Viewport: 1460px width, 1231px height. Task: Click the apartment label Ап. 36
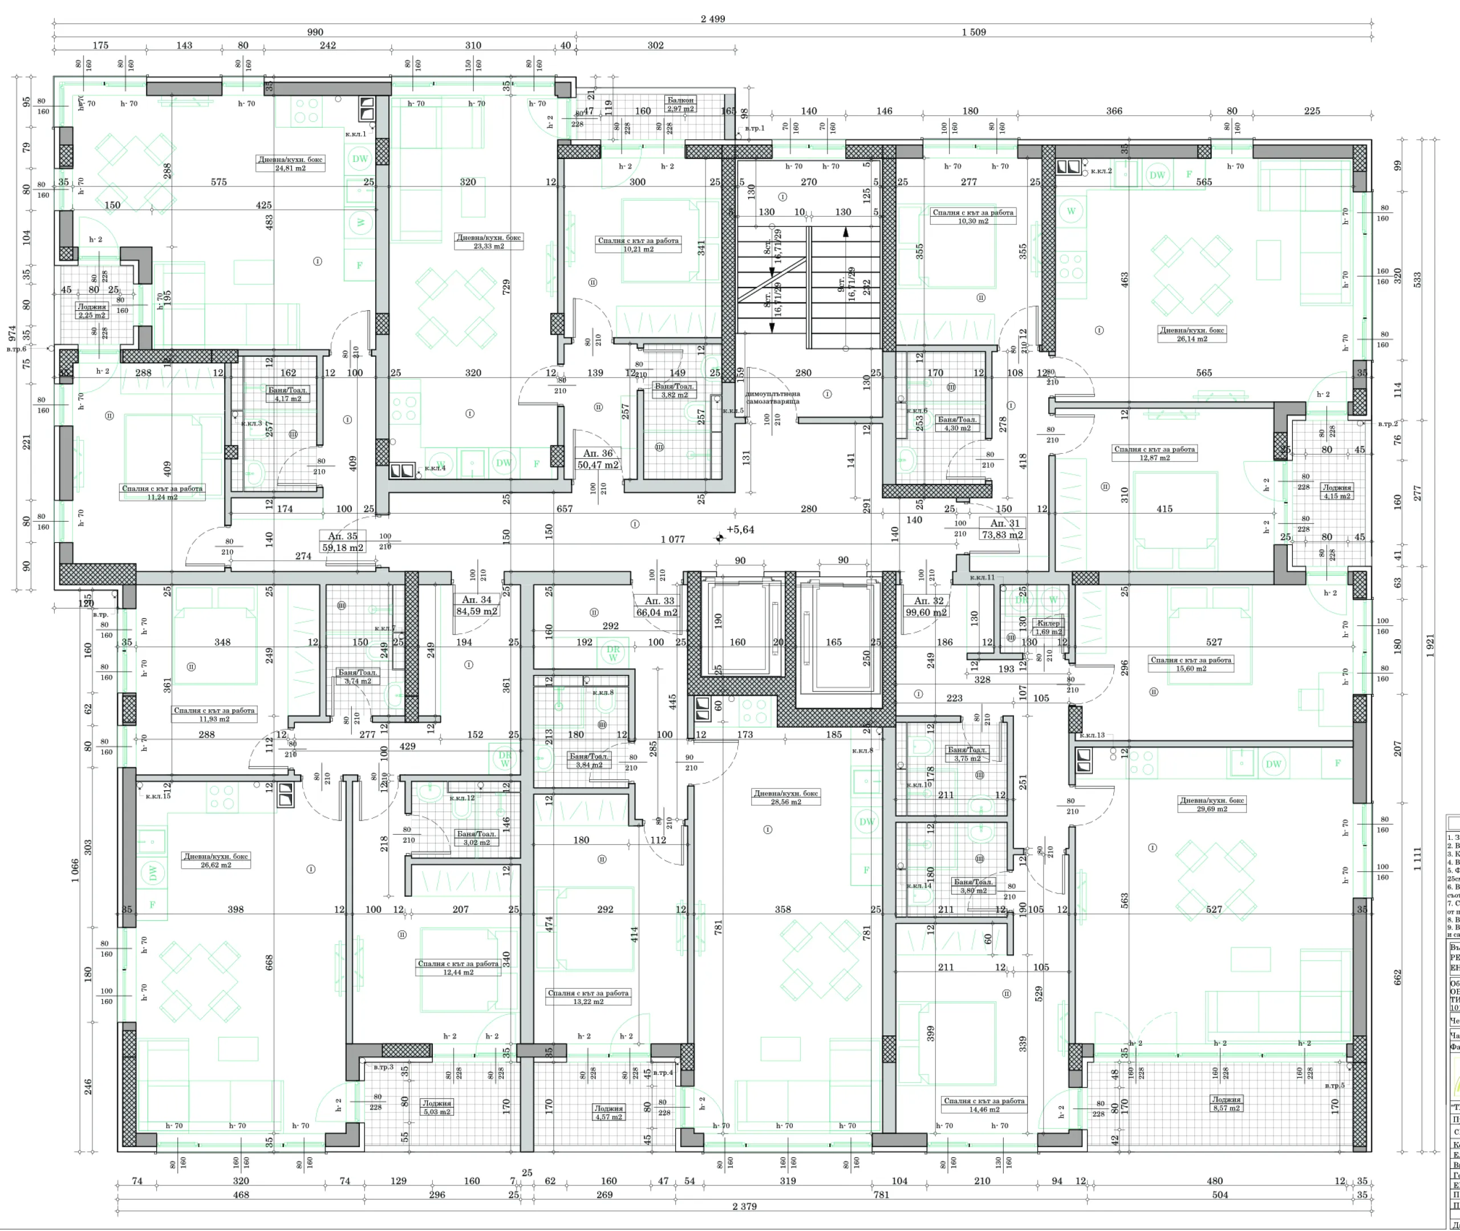597,459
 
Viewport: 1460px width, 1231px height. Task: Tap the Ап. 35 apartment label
343,542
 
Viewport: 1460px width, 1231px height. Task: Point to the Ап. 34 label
477,605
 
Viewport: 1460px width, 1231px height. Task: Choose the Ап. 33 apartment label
658,607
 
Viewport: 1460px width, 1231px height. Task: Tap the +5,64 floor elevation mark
740,530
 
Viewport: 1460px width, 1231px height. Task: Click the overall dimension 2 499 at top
712,19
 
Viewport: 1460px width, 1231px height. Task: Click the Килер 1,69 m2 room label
1048,627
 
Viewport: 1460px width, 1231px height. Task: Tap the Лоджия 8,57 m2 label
1226,1103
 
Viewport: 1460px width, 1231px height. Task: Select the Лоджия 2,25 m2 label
92,311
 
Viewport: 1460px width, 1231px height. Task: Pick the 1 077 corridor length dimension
673,539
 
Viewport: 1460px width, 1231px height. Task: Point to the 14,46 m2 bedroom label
984,1104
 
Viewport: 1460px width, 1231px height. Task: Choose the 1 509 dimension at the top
974,32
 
